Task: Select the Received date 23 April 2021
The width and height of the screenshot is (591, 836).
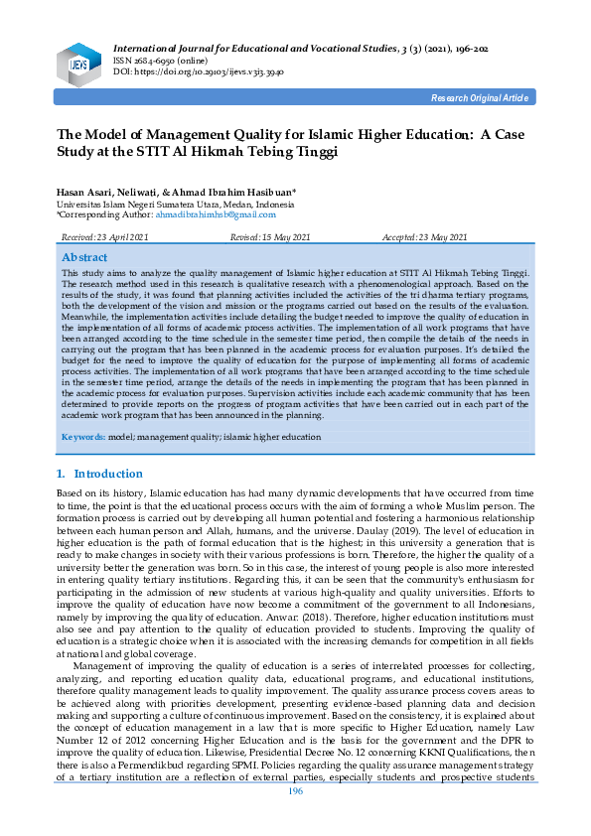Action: click(x=105, y=238)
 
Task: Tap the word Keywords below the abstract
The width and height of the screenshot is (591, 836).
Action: click(x=84, y=437)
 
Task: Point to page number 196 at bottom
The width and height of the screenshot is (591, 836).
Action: click(x=295, y=817)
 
